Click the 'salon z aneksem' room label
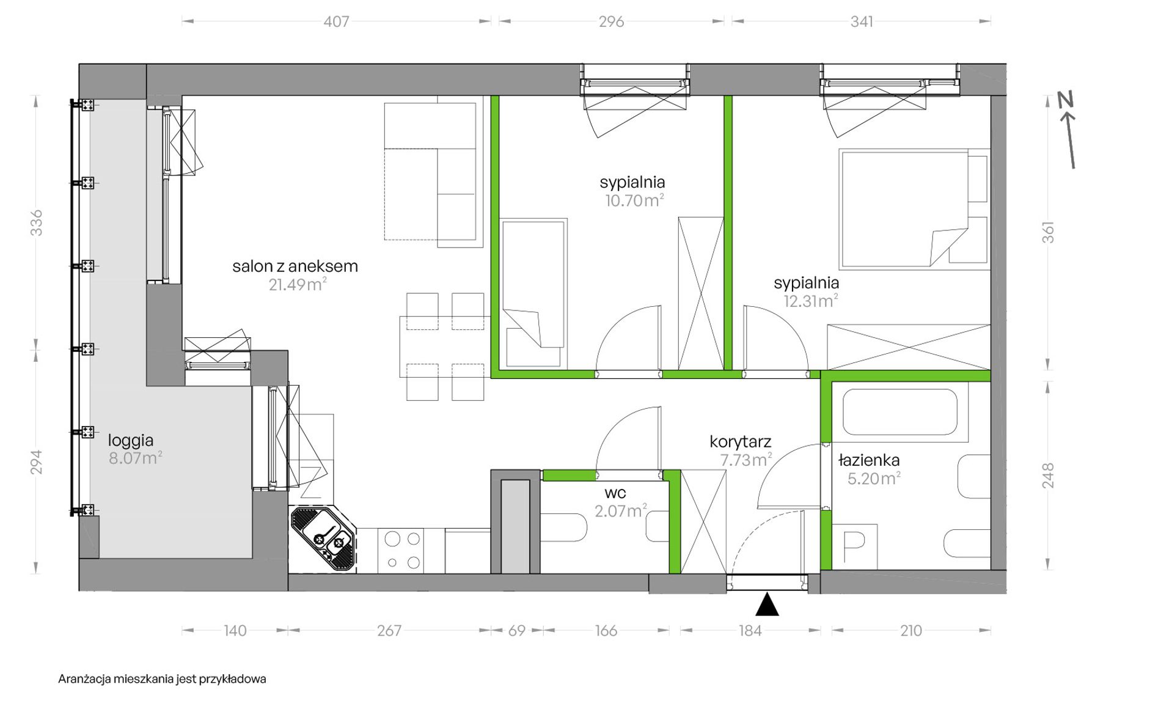[x=295, y=266]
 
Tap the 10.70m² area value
[x=634, y=200]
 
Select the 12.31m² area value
[x=811, y=301]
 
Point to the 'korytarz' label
[x=740, y=441]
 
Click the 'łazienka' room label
[x=869, y=460]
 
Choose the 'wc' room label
[x=615, y=493]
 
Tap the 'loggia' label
[x=131, y=441]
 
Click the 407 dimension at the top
[x=336, y=21]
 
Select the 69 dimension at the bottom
[x=517, y=630]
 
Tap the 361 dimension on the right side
[x=1048, y=232]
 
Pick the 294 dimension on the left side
[x=37, y=462]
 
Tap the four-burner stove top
[x=403, y=551]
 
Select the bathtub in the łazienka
[x=899, y=412]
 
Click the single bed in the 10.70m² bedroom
[x=533, y=294]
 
